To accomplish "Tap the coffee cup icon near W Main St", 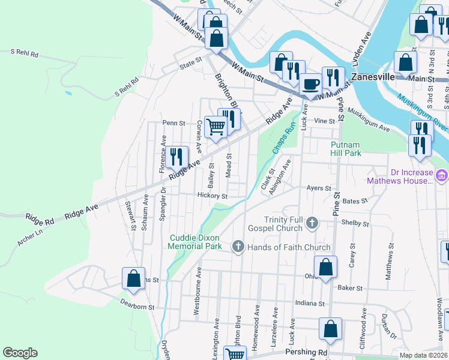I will click(x=310, y=83).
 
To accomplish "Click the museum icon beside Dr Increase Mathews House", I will click(x=442, y=176).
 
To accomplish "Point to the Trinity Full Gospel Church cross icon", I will click(x=312, y=224).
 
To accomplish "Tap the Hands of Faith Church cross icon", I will click(x=238, y=247).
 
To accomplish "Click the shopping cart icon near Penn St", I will click(x=215, y=127).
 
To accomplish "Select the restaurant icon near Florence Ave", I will click(x=176, y=157).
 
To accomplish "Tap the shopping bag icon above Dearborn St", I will click(x=133, y=278).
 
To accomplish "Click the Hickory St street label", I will click(x=212, y=196).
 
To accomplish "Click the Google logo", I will click(x=20, y=353).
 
